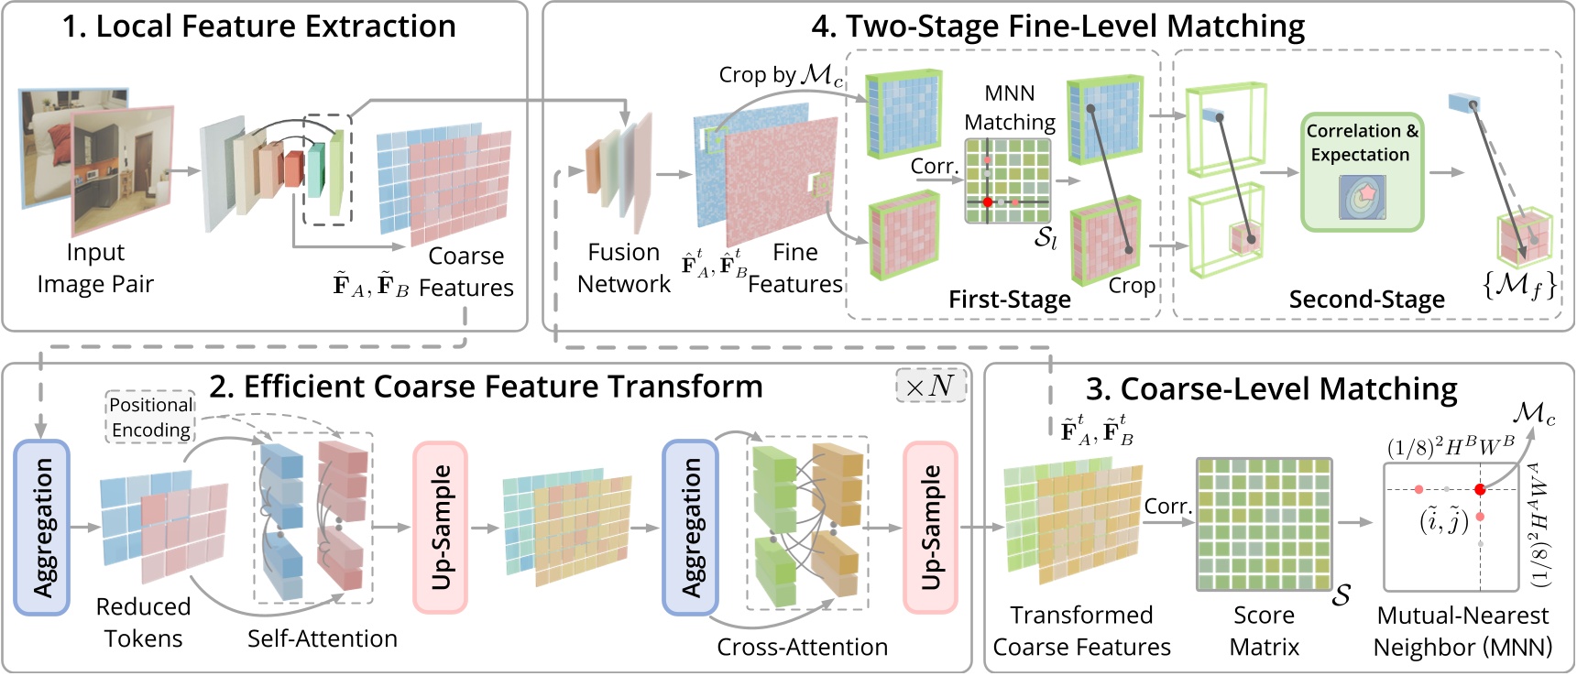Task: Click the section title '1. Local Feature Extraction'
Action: tap(258, 27)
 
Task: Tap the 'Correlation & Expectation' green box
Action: tap(1362, 171)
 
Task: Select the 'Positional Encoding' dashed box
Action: tap(151, 417)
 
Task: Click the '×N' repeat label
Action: tap(929, 387)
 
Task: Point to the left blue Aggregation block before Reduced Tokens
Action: tap(42, 527)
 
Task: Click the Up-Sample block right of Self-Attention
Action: tap(441, 527)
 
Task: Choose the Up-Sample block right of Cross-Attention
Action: tap(930, 527)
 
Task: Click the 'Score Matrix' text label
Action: tap(1264, 630)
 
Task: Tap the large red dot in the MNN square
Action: tap(1480, 489)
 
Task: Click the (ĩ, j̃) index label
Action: tap(1443, 520)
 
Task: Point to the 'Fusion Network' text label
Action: tap(623, 267)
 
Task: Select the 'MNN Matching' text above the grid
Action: tap(1010, 107)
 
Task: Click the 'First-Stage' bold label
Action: tap(1009, 300)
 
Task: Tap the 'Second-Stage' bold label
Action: tap(1366, 300)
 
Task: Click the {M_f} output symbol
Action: tap(1518, 286)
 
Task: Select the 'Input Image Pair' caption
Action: tap(95, 267)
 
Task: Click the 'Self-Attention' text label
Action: tap(322, 638)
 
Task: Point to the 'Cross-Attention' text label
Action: tap(802, 647)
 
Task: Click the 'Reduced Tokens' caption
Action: tap(143, 622)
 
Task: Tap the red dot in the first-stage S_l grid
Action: tap(988, 202)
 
